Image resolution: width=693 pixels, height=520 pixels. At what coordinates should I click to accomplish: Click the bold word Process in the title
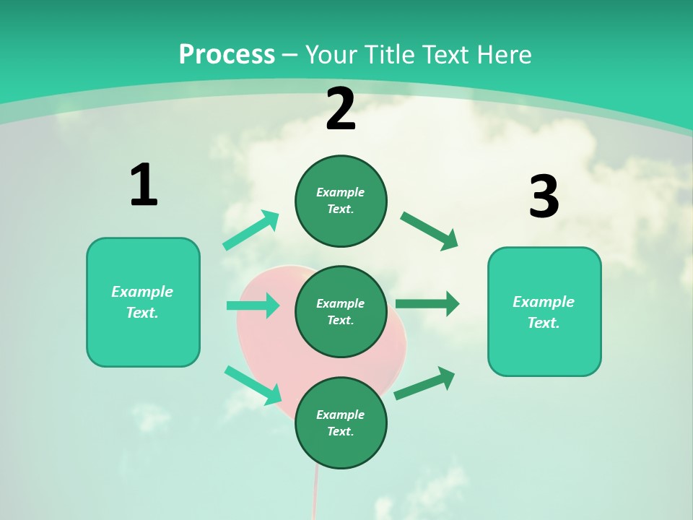pos(227,55)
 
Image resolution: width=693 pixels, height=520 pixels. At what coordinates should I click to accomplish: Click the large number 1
pos(144,186)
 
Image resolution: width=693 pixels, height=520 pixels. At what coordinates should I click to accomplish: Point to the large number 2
pos(341,110)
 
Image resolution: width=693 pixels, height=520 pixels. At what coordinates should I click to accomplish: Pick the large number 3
pos(544,196)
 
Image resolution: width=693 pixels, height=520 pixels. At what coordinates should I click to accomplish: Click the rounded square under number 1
pos(143,302)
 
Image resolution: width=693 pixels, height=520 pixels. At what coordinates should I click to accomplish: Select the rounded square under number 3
pos(544,312)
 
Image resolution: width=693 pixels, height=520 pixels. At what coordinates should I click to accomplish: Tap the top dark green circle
pos(341,201)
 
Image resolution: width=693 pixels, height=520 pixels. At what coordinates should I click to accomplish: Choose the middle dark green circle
pos(341,312)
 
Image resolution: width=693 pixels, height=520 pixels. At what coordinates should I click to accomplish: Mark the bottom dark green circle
pos(341,423)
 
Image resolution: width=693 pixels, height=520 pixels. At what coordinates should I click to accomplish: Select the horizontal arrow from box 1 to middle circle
pos(253,305)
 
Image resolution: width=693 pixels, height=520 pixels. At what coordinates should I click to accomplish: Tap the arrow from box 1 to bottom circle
pos(253,385)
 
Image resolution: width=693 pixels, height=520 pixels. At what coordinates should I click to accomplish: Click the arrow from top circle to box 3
pos(430,231)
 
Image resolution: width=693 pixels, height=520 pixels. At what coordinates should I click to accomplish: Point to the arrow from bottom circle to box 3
pos(424,383)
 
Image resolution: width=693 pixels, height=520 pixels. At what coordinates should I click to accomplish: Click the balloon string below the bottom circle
pos(315,495)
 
